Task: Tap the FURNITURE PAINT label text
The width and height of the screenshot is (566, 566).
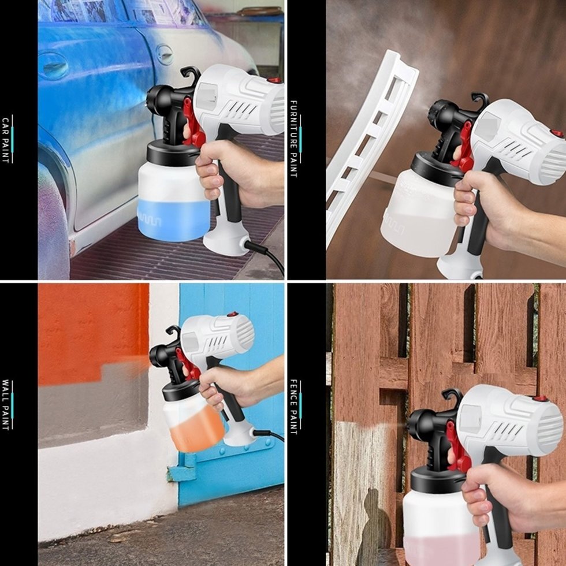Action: [293, 139]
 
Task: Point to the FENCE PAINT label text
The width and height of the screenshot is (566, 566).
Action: [293, 407]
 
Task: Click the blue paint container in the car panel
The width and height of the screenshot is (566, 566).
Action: [174, 201]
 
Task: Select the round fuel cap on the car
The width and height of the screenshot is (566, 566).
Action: [165, 55]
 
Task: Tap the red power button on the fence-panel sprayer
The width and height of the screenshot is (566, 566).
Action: [541, 399]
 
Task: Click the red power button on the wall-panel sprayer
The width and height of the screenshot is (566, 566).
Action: [233, 314]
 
